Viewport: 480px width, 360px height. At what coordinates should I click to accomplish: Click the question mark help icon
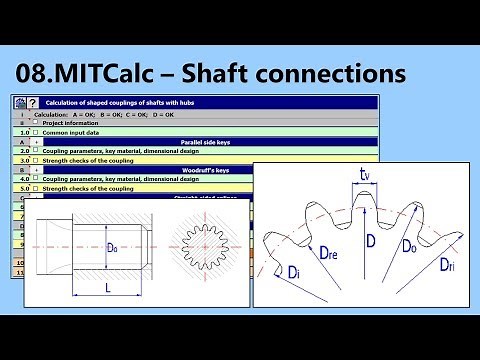tap(32, 102)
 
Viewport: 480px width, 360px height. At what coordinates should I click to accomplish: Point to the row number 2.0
tap(24, 151)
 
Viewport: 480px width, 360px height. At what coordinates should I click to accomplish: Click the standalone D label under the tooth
tap(369, 240)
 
